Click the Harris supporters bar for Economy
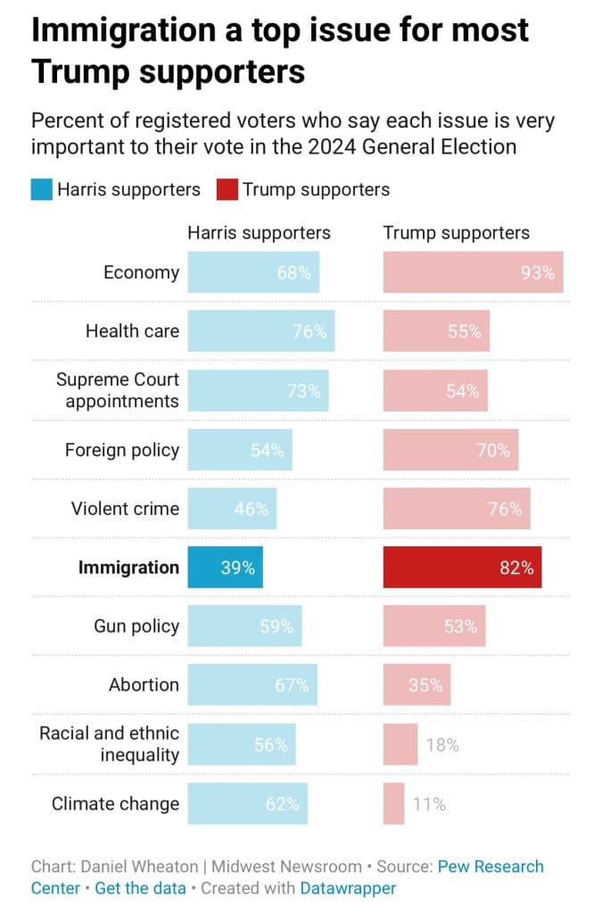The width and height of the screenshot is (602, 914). click(253, 272)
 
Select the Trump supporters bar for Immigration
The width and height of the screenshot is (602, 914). click(462, 567)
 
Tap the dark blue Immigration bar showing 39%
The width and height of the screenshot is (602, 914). click(226, 567)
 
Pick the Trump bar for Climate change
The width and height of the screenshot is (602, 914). click(393, 804)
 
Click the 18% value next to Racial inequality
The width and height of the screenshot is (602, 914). click(442, 745)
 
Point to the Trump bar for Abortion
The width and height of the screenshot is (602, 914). click(416, 685)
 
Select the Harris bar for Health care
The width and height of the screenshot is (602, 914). click(261, 331)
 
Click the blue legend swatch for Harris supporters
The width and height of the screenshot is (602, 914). click(41, 190)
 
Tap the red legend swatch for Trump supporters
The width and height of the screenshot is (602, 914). click(227, 190)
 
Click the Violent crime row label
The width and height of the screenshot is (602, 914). click(125, 508)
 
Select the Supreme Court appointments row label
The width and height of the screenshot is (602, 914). click(118, 390)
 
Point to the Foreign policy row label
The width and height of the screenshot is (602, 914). click(122, 450)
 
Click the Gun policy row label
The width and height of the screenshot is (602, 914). click(136, 626)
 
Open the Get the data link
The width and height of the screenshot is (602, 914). click(140, 888)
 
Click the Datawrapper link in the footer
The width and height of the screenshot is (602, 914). click(348, 888)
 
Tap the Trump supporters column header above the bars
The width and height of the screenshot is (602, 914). click(457, 233)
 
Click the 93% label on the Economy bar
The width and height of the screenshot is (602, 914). click(538, 273)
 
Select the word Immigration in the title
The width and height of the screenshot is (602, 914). click(123, 30)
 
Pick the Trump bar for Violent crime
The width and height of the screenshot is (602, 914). click(457, 508)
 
